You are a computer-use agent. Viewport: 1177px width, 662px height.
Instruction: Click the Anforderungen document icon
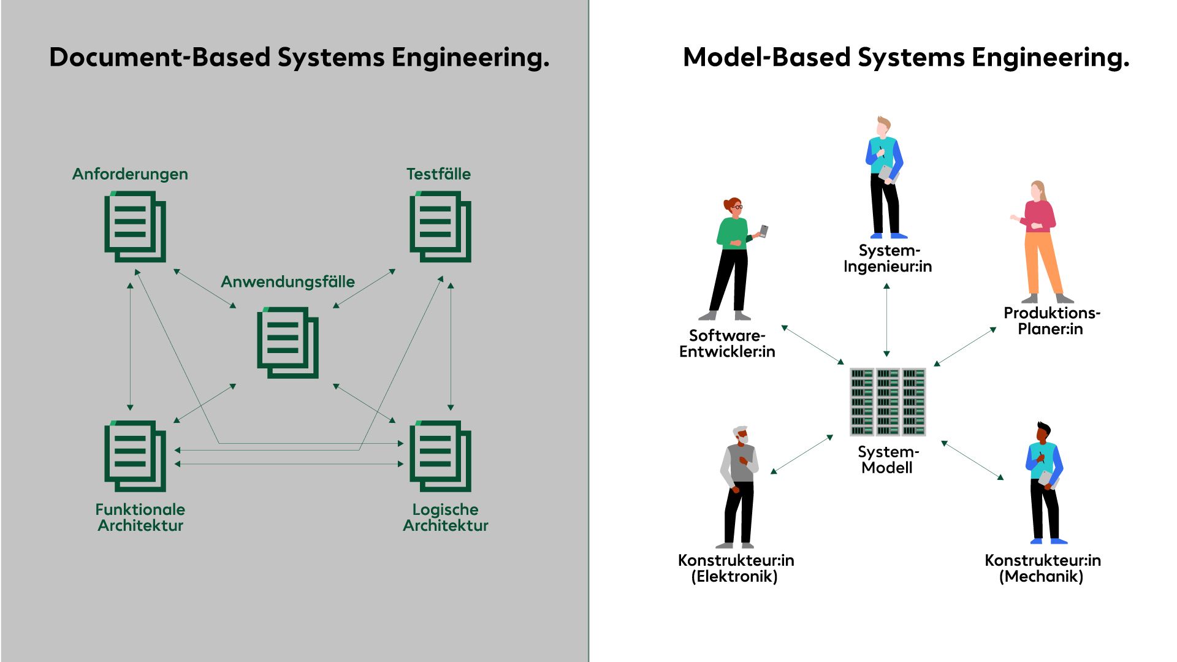tap(135, 226)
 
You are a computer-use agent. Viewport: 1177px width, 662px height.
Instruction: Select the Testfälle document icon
tap(440, 226)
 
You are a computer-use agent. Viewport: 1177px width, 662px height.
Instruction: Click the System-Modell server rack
tap(888, 401)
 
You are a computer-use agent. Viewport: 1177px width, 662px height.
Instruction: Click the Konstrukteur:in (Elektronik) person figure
tap(739, 487)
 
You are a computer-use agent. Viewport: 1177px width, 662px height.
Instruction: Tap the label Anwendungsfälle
tap(288, 281)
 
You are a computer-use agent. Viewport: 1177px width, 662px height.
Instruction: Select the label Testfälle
tap(438, 174)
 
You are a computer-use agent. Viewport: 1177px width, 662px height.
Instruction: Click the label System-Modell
tap(888, 460)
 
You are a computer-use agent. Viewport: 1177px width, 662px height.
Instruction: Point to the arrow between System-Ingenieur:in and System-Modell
tap(886, 320)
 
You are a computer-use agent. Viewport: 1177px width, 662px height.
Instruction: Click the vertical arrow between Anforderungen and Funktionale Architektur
tap(130, 346)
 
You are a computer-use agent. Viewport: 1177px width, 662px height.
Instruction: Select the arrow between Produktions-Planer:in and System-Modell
tap(965, 346)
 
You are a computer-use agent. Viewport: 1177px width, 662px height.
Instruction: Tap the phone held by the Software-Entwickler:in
tap(764, 231)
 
